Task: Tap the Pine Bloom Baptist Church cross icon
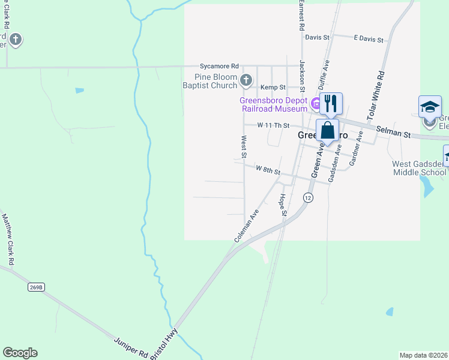point(246,80)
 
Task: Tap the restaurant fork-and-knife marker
point(330,103)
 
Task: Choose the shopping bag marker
point(327,130)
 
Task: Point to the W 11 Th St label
point(274,125)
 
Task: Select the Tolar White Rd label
point(375,95)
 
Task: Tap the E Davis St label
point(369,39)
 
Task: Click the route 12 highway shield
point(308,197)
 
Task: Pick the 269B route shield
point(36,287)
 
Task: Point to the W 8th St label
point(268,171)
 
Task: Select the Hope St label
point(283,205)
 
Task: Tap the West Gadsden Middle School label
point(420,168)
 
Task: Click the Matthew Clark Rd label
point(8,240)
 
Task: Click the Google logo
point(20,353)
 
